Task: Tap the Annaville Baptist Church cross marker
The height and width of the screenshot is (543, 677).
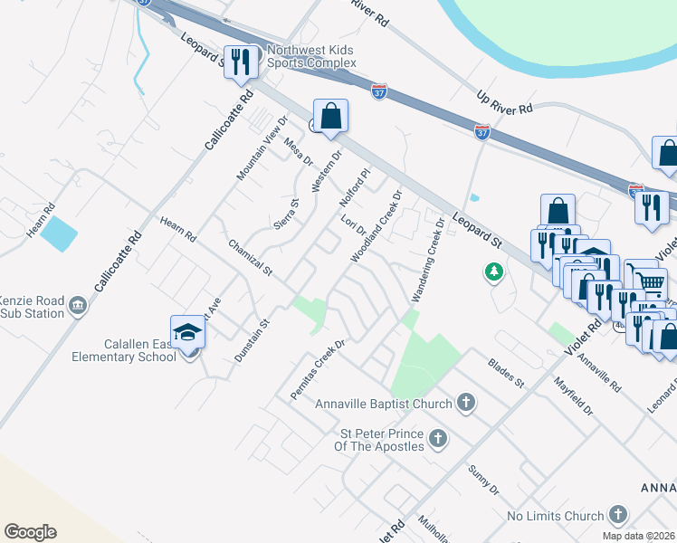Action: pyautogui.click(x=465, y=402)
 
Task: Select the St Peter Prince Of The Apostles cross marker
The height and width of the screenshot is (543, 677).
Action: pyautogui.click(x=437, y=440)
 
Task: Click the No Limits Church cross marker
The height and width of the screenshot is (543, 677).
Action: pyautogui.click(x=617, y=516)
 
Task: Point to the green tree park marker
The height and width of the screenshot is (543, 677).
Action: pyautogui.click(x=493, y=271)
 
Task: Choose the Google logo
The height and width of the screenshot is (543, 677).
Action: pyautogui.click(x=30, y=532)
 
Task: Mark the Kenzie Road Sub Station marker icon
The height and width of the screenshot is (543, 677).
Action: pyautogui.click(x=79, y=306)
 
